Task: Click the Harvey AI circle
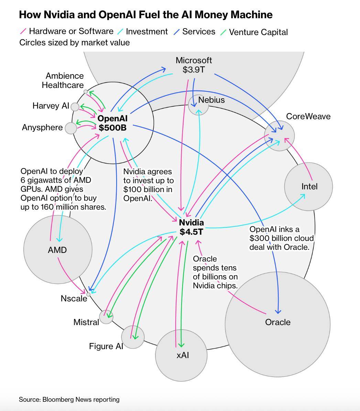(x=75, y=107)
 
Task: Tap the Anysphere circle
(x=71, y=128)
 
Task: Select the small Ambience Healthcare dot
(x=86, y=92)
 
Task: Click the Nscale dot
(x=88, y=295)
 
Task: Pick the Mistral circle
(x=106, y=317)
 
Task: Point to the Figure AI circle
(x=133, y=337)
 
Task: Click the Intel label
(x=309, y=187)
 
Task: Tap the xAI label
(x=183, y=355)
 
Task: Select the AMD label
(x=57, y=250)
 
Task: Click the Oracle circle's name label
(x=278, y=322)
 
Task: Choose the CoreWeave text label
(x=308, y=116)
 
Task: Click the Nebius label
(x=211, y=100)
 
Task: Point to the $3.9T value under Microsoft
(x=194, y=70)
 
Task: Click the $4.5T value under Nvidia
(x=191, y=232)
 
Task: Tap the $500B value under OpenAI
(x=112, y=127)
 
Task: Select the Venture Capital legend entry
(x=258, y=32)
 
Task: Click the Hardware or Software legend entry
(x=71, y=31)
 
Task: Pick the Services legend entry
(x=198, y=32)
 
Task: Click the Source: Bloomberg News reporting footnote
(x=69, y=399)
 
